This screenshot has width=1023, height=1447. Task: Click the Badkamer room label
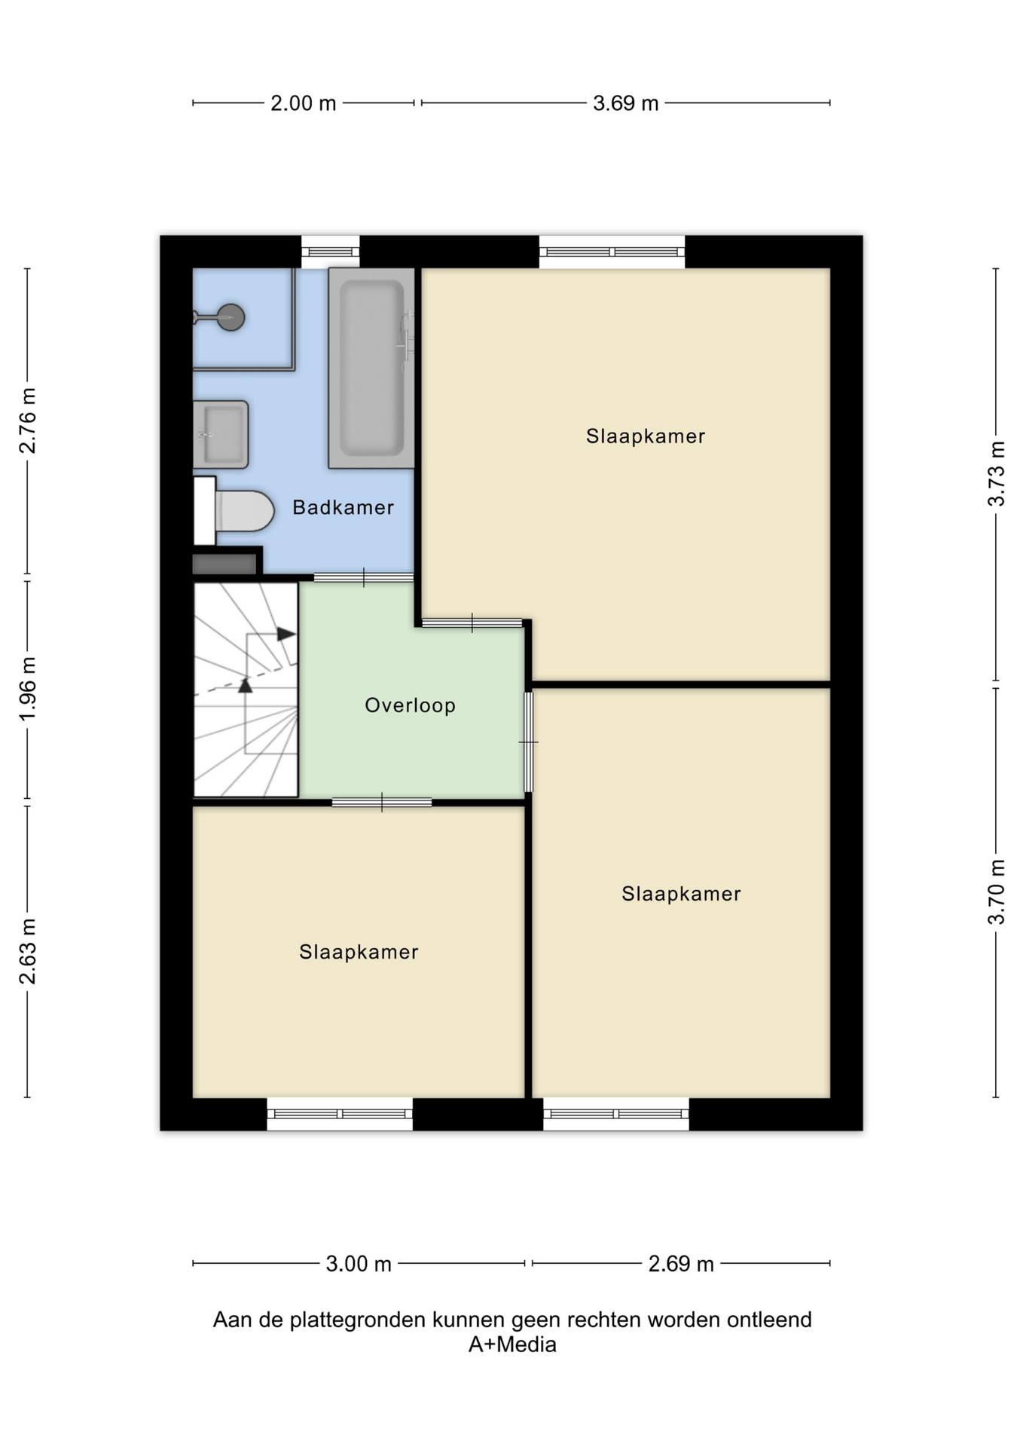tap(343, 507)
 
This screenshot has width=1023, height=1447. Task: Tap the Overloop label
tap(410, 705)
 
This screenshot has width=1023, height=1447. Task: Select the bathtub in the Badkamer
tap(371, 368)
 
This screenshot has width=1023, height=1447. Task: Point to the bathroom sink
tap(221, 434)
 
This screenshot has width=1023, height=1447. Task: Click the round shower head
tap(231, 317)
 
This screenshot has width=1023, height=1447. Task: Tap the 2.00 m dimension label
tap(303, 103)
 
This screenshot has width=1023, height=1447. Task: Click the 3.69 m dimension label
tap(625, 103)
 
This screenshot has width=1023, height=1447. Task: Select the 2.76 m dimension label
tap(28, 421)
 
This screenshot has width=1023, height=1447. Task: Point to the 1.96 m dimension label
tap(28, 689)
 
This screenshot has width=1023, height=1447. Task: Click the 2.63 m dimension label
tap(28, 951)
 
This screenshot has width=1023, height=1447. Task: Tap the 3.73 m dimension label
tap(996, 473)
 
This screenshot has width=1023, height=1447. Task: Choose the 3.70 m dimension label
tap(996, 892)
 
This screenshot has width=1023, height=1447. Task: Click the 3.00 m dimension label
tap(359, 1264)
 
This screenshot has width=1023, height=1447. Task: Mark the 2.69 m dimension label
tap(681, 1264)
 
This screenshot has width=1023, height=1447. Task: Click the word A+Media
tap(512, 1345)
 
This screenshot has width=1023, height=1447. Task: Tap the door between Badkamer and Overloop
tap(364, 578)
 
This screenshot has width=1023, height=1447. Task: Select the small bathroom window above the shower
tap(331, 252)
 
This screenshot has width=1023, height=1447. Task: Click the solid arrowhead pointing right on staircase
tap(286, 634)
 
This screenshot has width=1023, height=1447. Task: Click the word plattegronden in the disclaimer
tap(359, 1320)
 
